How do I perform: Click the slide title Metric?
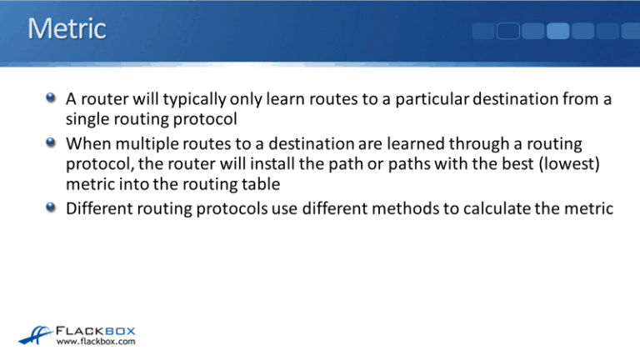pyautogui.click(x=67, y=29)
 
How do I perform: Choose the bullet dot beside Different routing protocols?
pyautogui.click(x=53, y=206)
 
